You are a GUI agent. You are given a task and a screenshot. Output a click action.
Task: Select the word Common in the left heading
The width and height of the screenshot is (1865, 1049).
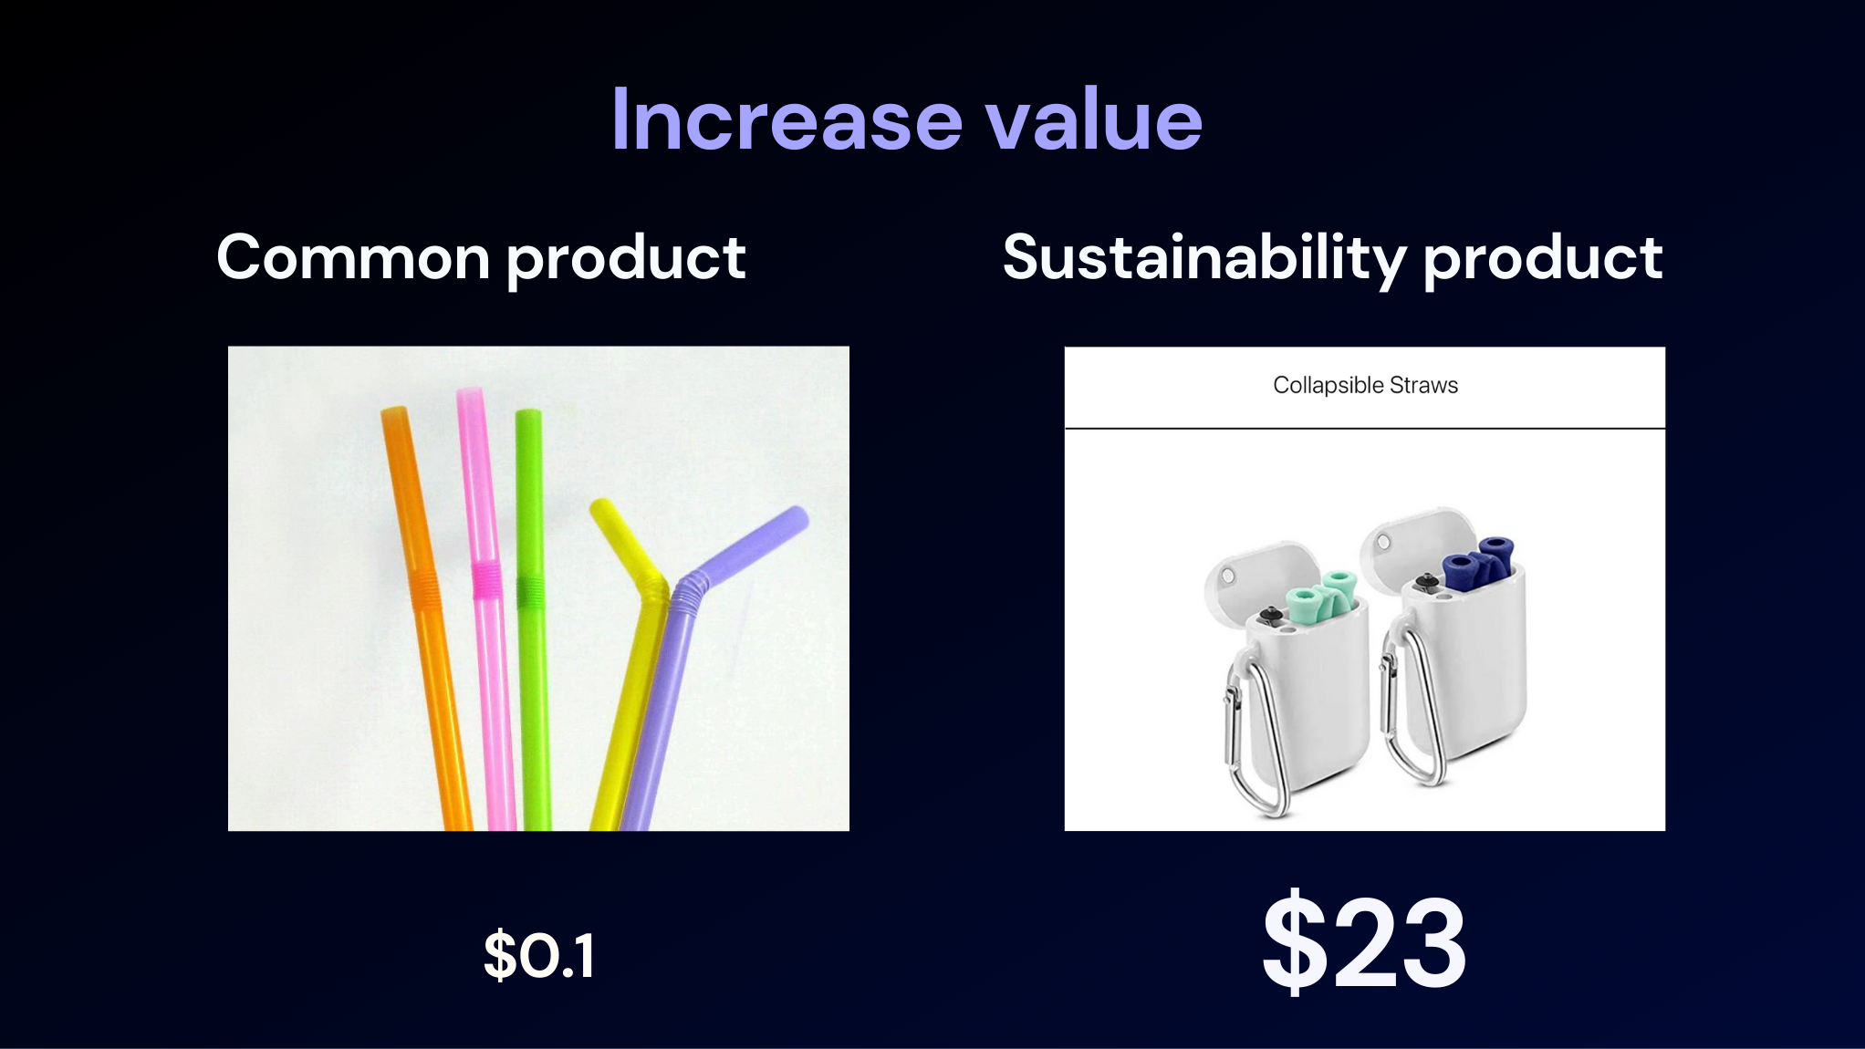click(353, 257)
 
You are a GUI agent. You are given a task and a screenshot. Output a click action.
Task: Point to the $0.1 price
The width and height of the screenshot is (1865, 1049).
click(539, 955)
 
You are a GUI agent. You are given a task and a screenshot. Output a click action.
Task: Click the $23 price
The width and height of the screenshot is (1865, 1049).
click(1365, 942)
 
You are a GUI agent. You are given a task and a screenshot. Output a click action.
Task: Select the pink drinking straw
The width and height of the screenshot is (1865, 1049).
click(485, 607)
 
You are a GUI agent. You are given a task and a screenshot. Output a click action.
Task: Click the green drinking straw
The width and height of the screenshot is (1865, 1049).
click(531, 620)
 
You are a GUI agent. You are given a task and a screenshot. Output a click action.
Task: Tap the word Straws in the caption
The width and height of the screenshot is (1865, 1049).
click(1423, 385)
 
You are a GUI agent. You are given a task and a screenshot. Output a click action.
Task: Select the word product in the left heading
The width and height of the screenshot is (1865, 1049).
click(626, 260)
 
